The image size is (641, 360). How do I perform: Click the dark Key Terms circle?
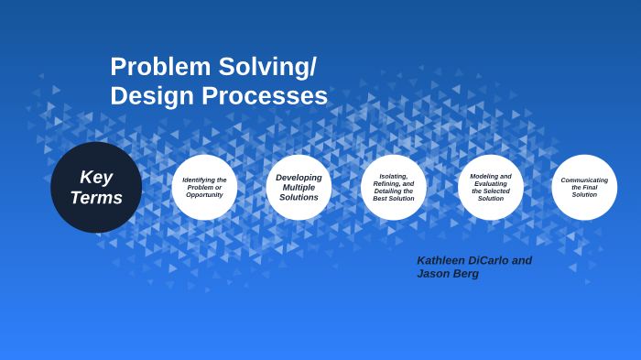(x=96, y=187)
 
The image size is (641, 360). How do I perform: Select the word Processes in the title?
(x=265, y=95)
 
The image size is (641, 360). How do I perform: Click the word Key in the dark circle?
(x=96, y=177)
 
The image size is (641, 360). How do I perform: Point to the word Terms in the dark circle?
(x=96, y=198)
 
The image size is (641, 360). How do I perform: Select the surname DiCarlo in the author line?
(x=489, y=260)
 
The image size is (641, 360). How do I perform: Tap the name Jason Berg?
(x=448, y=274)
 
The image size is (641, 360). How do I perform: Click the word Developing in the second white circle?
(x=299, y=178)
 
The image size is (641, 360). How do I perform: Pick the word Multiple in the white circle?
(x=299, y=187)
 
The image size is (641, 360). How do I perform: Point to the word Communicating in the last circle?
(x=584, y=180)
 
